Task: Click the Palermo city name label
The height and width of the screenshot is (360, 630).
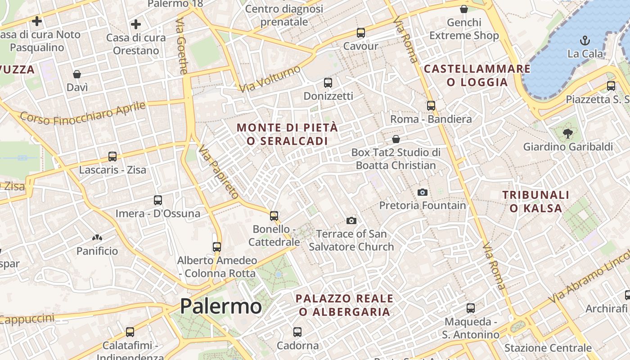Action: [220, 306]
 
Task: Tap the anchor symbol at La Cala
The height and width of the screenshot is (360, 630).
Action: [585, 40]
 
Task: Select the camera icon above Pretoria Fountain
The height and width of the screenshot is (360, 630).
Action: [422, 192]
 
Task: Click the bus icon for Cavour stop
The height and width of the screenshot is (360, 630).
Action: [360, 33]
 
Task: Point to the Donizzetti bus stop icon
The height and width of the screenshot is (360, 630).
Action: [328, 83]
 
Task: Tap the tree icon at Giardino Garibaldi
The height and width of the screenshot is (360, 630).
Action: [567, 133]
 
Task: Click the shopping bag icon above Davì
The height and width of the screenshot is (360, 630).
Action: [77, 74]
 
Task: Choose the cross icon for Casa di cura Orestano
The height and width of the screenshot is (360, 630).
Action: [136, 24]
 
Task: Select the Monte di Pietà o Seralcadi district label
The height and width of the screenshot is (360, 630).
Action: [287, 134]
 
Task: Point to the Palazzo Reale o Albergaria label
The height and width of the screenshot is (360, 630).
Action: [344, 305]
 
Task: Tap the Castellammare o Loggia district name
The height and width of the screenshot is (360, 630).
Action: [477, 75]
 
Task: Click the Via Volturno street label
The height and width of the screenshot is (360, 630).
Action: [270, 79]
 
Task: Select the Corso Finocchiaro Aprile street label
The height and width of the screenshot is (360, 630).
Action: [83, 114]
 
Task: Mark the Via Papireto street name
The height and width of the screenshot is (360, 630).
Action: [218, 171]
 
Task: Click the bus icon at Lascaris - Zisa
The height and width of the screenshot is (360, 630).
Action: [112, 157]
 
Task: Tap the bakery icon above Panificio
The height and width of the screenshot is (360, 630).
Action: [97, 238]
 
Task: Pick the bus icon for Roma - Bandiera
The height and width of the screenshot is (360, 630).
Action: [431, 106]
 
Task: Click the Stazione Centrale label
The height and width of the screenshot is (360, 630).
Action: [548, 348]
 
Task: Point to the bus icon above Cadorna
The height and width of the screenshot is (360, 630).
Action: [297, 332]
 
